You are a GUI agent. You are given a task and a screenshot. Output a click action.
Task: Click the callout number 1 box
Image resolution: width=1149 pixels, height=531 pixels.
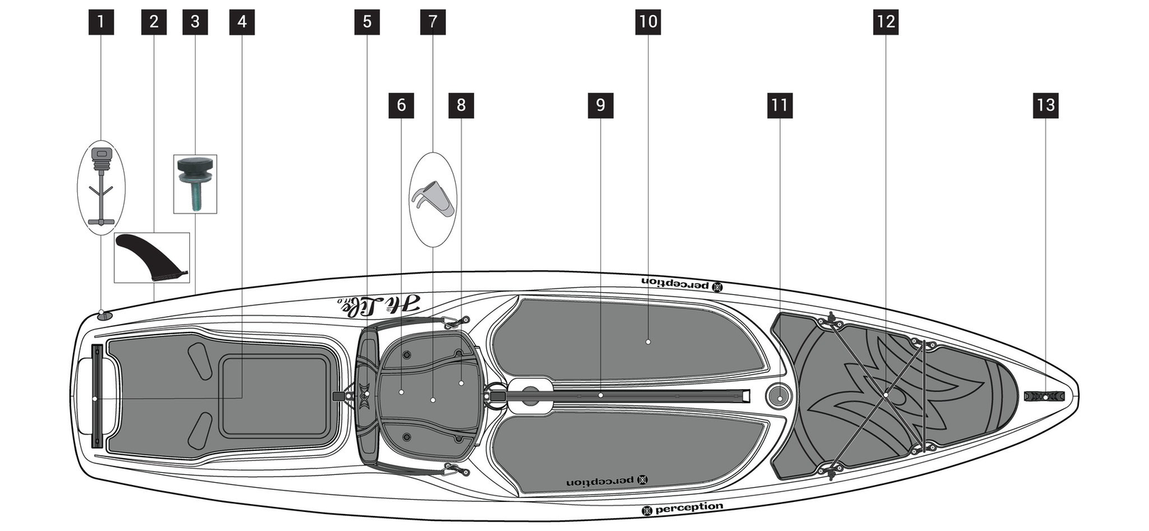click(x=101, y=22)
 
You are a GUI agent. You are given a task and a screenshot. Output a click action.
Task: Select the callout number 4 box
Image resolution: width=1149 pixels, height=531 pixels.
click(x=242, y=22)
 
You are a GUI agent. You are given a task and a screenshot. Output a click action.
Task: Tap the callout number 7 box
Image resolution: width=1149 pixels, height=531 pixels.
click(x=433, y=22)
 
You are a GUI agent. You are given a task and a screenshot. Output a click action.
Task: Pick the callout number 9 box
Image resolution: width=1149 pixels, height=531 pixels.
click(x=600, y=106)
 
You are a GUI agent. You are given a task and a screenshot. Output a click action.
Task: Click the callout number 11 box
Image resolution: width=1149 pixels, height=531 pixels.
click(x=780, y=106)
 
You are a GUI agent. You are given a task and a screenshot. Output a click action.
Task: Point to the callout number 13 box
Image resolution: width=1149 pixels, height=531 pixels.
click(x=1046, y=106)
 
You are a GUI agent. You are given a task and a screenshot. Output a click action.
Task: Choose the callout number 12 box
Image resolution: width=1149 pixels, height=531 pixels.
click(x=886, y=22)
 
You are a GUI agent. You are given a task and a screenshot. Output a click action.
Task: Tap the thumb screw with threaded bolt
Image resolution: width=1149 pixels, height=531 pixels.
click(x=195, y=183)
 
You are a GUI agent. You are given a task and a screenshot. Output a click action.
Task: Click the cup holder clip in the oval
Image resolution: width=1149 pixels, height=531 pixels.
click(x=432, y=199)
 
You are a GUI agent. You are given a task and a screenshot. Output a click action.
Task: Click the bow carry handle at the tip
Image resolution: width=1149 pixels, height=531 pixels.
click(x=1046, y=396)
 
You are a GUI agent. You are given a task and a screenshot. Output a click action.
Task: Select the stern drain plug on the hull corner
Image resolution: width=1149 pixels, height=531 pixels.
click(x=103, y=315)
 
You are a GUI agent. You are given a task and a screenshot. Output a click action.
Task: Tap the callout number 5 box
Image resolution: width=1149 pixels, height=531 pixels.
click(x=367, y=22)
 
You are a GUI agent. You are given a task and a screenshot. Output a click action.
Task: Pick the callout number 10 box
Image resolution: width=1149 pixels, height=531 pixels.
click(x=648, y=22)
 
